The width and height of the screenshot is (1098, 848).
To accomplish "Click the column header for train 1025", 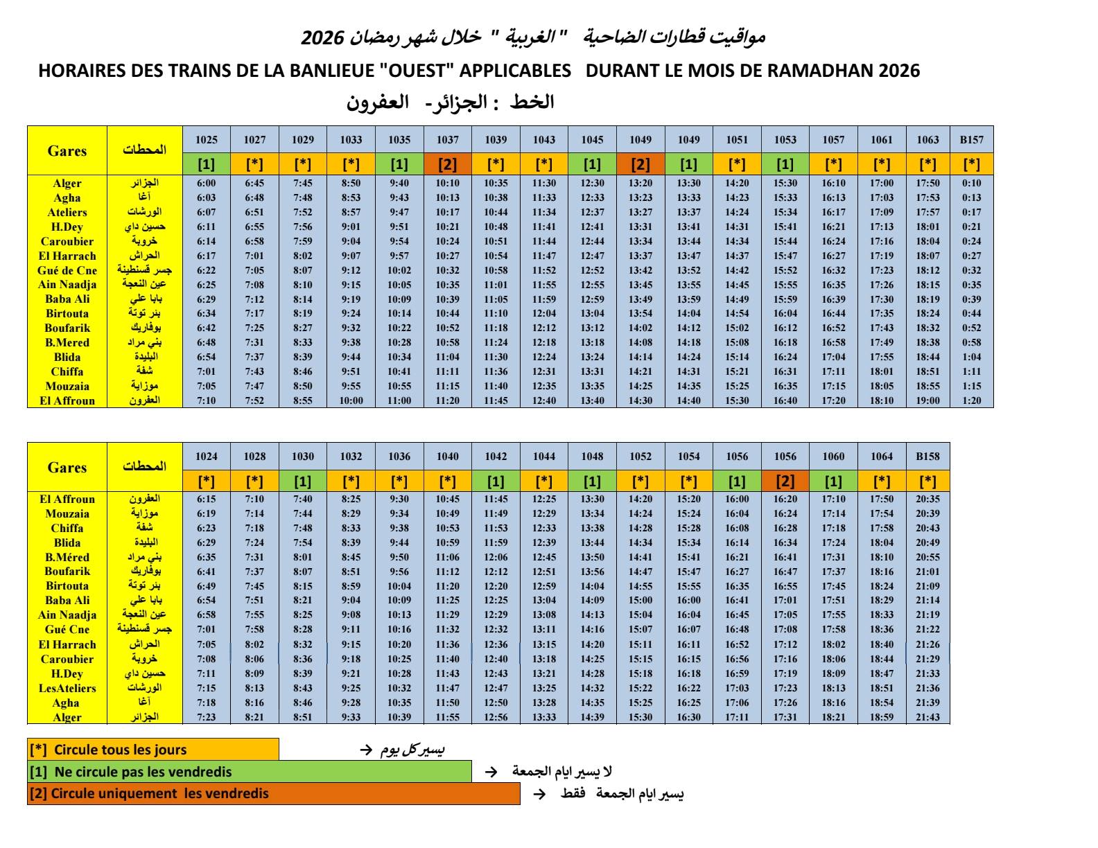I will (207, 139).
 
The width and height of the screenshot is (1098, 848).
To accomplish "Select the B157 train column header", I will (971, 139).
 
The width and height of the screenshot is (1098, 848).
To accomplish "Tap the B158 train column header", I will (927, 456).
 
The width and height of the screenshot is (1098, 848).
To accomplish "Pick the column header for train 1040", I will (447, 456).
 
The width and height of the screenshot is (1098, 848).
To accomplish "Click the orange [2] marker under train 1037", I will (447, 164).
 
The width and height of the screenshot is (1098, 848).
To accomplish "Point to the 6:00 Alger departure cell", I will (207, 183).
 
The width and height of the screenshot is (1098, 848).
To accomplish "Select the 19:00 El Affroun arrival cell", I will (927, 400).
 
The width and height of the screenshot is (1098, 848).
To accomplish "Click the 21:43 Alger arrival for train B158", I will (927, 717).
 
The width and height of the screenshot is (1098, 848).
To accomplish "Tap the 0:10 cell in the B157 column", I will (971, 183).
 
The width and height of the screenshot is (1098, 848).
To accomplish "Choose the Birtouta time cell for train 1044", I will (544, 586).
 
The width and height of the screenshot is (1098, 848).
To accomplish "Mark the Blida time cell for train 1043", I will (544, 357).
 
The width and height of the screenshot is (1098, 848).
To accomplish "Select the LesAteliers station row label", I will (67, 688).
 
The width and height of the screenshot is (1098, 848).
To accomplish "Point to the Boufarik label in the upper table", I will (67, 328).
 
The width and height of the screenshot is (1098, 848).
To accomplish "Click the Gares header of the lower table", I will (67, 468).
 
